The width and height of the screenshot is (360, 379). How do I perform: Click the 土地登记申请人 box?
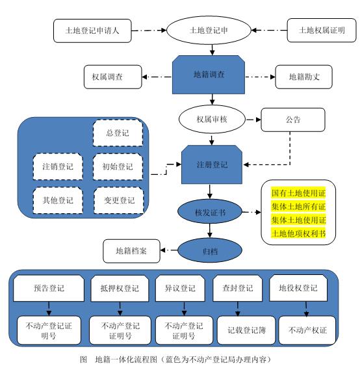[92, 31]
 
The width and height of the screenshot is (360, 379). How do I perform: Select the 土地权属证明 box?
[322, 30]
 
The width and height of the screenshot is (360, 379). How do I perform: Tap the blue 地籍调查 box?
[209, 75]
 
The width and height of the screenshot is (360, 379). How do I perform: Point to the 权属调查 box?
[112, 77]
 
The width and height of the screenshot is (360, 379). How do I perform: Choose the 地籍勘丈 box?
[304, 77]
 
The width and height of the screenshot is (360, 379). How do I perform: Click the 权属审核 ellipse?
[212, 119]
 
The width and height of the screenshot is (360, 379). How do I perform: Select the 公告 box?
[293, 120]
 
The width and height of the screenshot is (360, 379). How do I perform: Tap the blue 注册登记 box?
[212, 164]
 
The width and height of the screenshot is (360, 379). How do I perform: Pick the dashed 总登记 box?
[118, 133]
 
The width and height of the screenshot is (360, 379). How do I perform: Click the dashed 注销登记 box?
[58, 166]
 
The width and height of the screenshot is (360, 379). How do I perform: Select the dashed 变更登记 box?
[119, 200]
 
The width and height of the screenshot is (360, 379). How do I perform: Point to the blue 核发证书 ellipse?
[210, 212]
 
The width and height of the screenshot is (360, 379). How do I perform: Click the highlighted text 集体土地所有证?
[298, 207]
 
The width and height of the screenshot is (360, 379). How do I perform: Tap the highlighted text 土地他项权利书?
[298, 233]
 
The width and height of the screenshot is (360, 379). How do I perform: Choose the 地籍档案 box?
[131, 251]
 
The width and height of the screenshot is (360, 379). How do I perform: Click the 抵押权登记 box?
[120, 289]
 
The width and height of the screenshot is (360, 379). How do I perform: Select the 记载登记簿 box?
[246, 330]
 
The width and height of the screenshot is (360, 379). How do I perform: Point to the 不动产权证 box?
[307, 330]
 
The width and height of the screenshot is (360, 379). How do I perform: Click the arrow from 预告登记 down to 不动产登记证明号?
[49, 309]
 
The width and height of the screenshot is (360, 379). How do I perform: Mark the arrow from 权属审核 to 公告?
[253, 120]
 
